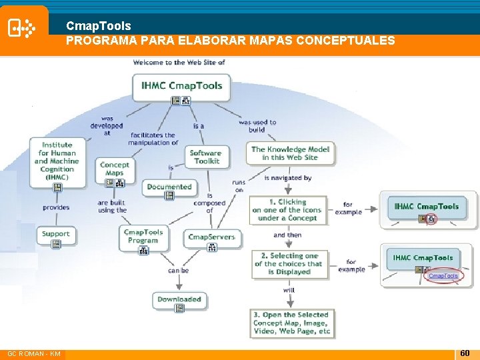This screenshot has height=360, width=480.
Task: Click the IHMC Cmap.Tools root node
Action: [181, 86]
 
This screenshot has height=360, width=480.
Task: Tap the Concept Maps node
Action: [114, 169]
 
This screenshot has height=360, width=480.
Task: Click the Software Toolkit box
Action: [205, 157]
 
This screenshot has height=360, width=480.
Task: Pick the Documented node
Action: [169, 187]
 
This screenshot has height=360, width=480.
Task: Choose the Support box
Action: [55, 234]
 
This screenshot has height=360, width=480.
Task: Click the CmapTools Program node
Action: [143, 236]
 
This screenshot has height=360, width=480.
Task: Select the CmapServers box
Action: [211, 237]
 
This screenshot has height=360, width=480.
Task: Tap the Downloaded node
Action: [179, 299]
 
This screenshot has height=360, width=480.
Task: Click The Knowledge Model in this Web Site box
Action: [290, 153]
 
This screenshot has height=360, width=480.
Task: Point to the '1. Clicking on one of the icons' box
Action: [287, 210]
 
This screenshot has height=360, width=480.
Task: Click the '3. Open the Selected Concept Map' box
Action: [291, 323]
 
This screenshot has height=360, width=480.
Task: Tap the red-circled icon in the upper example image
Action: [431, 219]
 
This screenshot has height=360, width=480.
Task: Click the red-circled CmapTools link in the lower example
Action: [443, 275]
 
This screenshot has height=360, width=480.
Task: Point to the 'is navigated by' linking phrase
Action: [288, 178]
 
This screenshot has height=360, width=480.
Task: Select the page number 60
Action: [465, 352]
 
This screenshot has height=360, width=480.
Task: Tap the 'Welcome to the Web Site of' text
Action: [179, 63]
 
